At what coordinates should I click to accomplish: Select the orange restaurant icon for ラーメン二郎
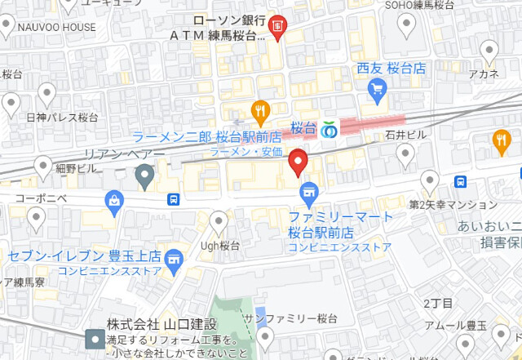coord(259,110)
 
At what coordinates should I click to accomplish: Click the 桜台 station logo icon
coord(330,130)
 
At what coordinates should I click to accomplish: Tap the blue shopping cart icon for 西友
coord(376,93)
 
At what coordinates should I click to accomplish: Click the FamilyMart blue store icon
coord(307,193)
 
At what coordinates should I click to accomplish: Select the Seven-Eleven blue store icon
coord(173,260)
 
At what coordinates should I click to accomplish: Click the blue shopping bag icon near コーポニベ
coord(114,200)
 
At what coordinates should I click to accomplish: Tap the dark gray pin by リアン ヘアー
coord(144,174)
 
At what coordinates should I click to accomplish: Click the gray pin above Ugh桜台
coord(219,220)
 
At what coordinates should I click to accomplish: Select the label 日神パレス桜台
coord(62,118)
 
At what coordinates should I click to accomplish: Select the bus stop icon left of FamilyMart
coord(174,199)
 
